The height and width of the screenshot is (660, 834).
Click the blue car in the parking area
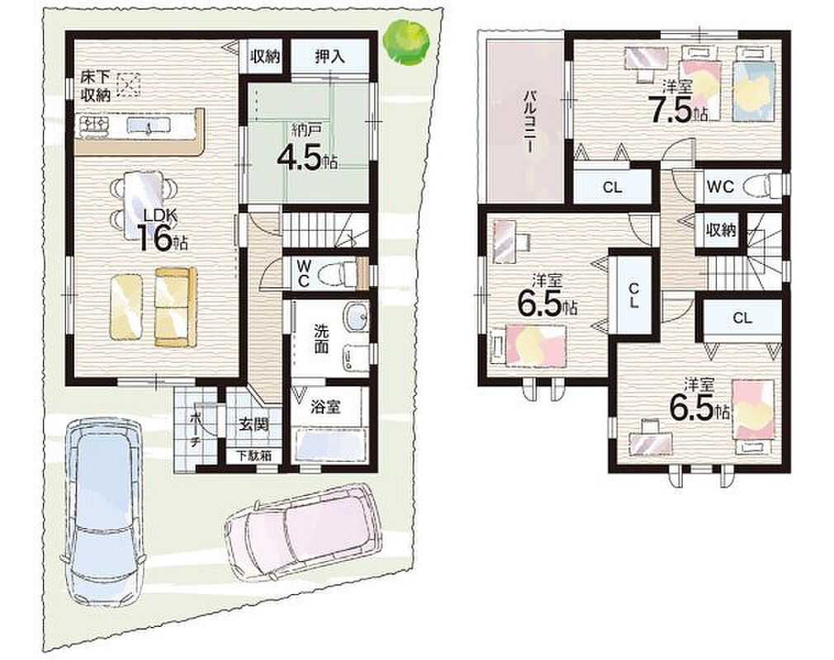coord(102,514)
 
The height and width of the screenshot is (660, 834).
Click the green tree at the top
coord(407,43)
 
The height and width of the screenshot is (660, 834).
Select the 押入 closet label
coord(329,57)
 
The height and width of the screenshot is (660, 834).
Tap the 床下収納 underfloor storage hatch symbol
coord(129,84)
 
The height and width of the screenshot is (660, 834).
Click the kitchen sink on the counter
coord(149,125)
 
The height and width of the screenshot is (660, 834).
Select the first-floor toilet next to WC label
coord(338,274)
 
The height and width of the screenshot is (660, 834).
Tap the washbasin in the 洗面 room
coord(356,317)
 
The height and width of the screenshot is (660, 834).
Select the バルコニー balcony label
coord(530,123)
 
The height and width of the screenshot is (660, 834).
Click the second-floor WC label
coord(720,186)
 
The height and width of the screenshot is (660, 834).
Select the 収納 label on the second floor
coord(721,230)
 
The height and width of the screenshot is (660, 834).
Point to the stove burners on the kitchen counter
coord(94,125)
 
